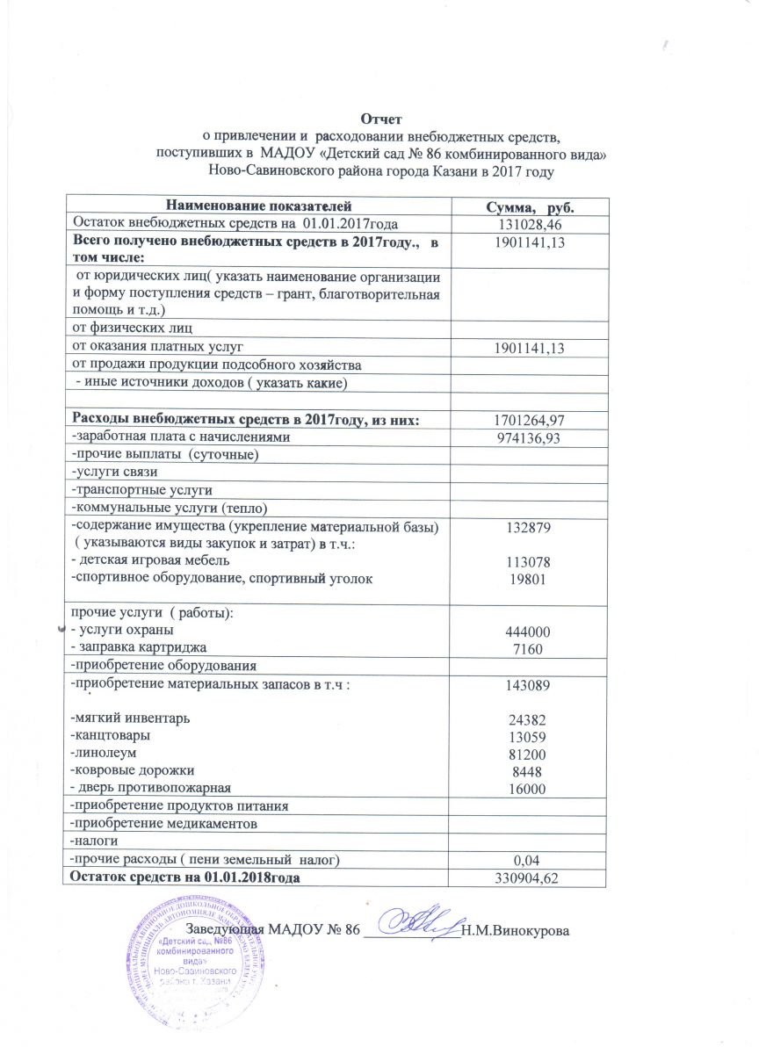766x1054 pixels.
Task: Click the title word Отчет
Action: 383,118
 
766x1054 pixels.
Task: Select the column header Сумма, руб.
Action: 524,206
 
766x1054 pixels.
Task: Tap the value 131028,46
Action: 524,225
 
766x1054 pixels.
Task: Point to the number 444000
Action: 524,632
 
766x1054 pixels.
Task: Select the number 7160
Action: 524,649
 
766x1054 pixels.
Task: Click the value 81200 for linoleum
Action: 524,754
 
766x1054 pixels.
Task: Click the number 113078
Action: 524,560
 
